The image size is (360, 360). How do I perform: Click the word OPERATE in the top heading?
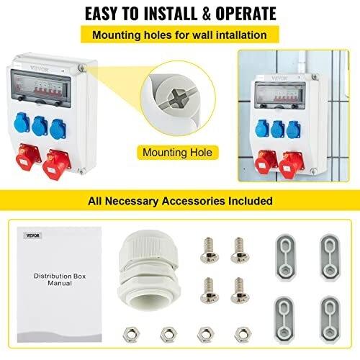pos(246,14)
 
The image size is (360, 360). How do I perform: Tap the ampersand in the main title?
pos(206,14)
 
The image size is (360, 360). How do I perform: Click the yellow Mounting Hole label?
pos(178,153)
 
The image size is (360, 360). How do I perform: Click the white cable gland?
pos(149,270)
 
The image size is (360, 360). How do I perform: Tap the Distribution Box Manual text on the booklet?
pos(60,279)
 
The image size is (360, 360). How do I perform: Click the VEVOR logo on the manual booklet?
pos(33,235)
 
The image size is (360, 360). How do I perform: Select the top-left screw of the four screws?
pos(209,250)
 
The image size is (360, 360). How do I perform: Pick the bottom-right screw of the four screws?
pos(240,290)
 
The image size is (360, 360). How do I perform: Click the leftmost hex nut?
pos(131,334)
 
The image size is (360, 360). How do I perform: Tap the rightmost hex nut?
pos(243,334)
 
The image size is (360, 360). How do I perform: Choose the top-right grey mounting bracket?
pos(330,257)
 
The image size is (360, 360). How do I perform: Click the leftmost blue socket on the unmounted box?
pos(22,122)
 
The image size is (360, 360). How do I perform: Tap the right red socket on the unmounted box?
pos(57,164)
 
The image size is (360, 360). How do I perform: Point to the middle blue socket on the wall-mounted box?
pos(277,130)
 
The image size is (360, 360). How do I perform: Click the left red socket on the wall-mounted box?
pos(266,162)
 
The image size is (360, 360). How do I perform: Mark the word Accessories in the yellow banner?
pos(194,201)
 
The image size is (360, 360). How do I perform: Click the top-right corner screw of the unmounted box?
pos(82,68)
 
